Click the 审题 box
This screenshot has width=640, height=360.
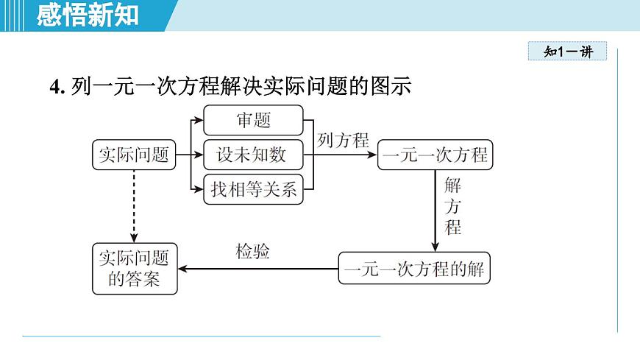(252, 120)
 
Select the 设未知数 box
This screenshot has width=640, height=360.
(252, 155)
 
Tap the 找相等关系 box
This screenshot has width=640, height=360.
(252, 190)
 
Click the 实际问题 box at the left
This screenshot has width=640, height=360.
(134, 155)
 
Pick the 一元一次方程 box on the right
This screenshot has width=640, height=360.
(435, 155)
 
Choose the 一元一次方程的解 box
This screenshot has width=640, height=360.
(414, 269)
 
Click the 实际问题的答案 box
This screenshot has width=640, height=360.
(134, 269)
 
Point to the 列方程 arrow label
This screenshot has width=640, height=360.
(343, 141)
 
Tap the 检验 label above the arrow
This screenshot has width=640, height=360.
(252, 252)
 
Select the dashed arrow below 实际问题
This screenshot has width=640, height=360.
(134, 206)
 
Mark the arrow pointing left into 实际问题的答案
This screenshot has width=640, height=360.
(257, 269)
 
